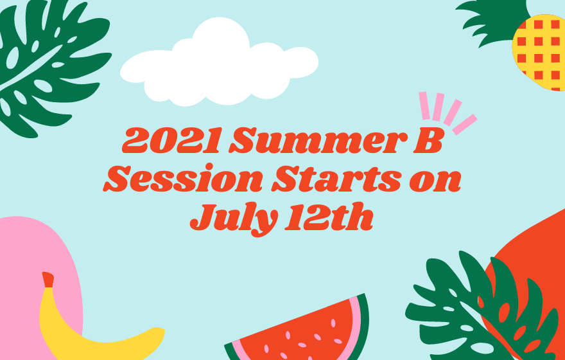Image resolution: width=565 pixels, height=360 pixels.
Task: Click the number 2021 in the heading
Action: pyautogui.click(x=171, y=140)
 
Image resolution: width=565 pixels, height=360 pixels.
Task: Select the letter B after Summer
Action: pyautogui.click(x=427, y=140)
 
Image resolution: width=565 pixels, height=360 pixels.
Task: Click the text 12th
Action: pyautogui.click(x=329, y=217)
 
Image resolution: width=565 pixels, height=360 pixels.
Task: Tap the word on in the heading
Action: pyautogui.click(x=435, y=181)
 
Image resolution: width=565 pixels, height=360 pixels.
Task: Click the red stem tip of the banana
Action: pyautogui.click(x=48, y=280)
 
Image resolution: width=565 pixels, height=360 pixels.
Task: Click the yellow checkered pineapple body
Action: pyautogui.click(x=539, y=52)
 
